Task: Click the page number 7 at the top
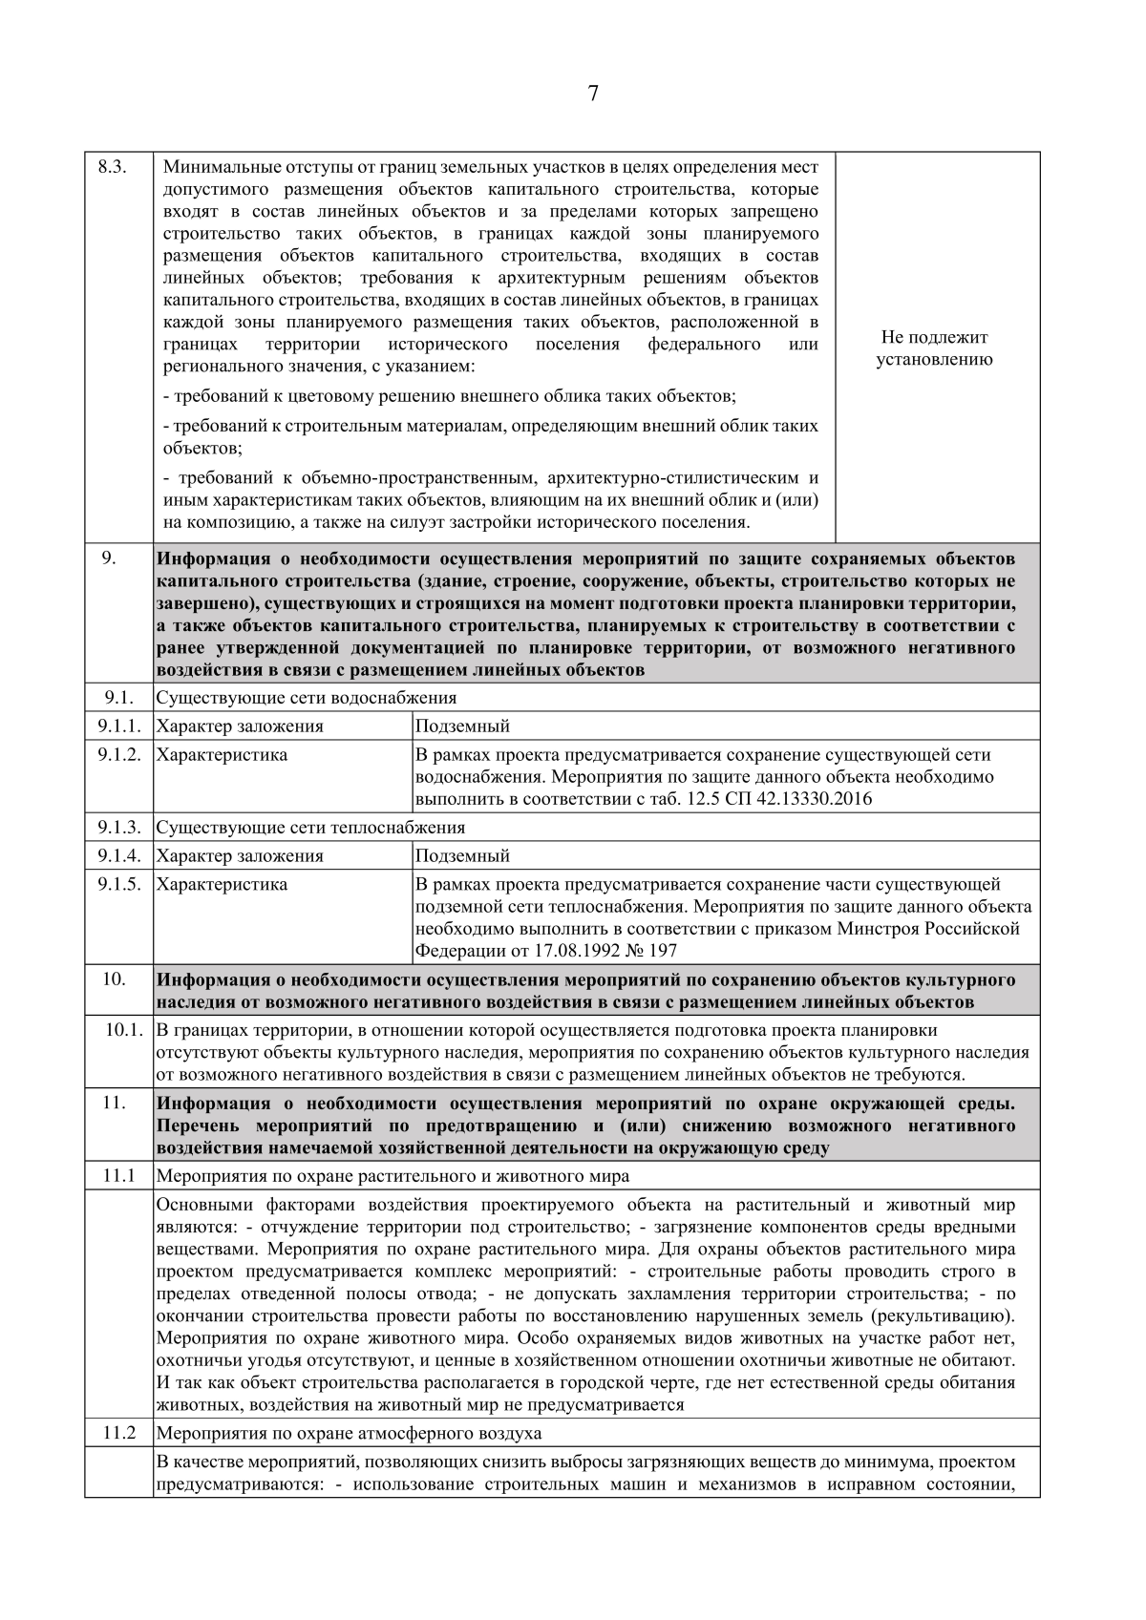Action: click(593, 93)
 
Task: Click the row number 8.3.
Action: click(113, 167)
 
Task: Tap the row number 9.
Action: click(109, 558)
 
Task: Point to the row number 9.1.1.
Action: click(118, 726)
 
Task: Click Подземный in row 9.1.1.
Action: click(463, 726)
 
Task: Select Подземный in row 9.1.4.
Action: click(463, 855)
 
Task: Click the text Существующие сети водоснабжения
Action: click(306, 698)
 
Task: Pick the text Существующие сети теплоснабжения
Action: click(310, 828)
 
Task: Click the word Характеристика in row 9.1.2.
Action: click(222, 755)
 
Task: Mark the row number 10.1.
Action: click(124, 1031)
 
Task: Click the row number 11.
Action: click(115, 1103)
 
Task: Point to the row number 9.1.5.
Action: click(118, 884)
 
